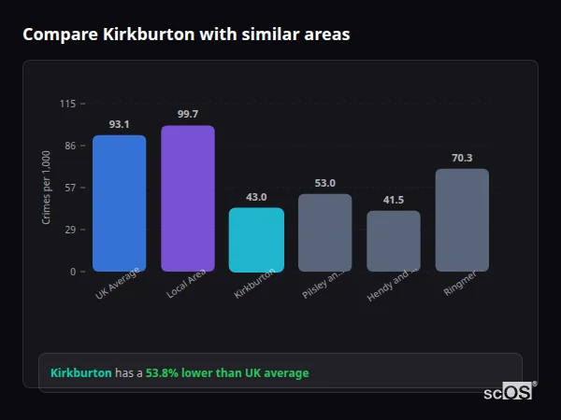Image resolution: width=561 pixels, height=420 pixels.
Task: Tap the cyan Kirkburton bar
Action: tap(256, 240)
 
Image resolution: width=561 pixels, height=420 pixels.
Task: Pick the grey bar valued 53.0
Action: tap(324, 232)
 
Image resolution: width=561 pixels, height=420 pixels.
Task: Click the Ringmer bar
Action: tap(462, 220)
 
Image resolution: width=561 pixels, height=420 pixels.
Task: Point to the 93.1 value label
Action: tap(119, 124)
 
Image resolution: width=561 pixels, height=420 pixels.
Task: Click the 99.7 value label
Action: tap(187, 114)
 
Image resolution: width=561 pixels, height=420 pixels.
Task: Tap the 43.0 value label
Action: tap(256, 197)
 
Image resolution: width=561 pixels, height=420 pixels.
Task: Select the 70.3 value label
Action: tap(462, 158)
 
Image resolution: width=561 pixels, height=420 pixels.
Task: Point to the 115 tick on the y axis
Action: tap(67, 104)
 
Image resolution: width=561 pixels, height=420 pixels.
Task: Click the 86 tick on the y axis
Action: tap(70, 146)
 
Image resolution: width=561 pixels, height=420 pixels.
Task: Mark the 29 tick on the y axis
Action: tap(70, 230)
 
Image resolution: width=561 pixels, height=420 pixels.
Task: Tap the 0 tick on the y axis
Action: tap(73, 272)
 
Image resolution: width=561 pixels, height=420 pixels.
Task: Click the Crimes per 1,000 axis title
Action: tap(47, 188)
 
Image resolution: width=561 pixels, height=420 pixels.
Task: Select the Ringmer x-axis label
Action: tap(459, 284)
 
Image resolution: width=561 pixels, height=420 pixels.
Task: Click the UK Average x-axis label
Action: tap(117, 285)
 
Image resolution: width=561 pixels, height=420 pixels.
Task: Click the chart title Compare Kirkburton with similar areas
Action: tap(186, 35)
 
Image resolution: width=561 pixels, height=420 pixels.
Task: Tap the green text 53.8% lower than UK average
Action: tap(226, 373)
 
